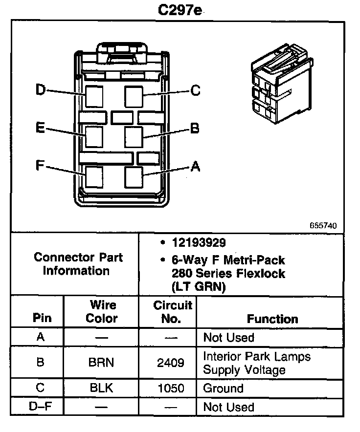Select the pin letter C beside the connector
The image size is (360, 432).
pos(195,91)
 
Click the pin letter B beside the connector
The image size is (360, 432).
pos(195,129)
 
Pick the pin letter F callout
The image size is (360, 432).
pos(41,165)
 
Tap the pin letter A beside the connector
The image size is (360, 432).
pos(195,167)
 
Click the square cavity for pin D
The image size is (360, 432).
pos(94,96)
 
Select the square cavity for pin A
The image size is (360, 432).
pos(134,176)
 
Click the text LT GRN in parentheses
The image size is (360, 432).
pos(198,287)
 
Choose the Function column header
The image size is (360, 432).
pos(272,319)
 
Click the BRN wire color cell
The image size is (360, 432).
pos(101,363)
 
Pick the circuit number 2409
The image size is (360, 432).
pos(171,363)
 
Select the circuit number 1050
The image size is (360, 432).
pos(171,389)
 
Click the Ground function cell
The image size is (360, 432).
pos(223,389)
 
